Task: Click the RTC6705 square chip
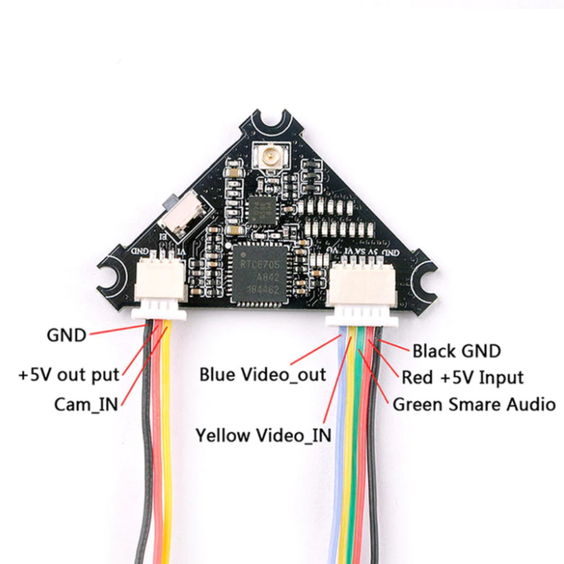coord(260,272)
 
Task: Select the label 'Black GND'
coord(456,351)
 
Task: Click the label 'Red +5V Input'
coord(462,377)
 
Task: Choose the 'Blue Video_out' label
coord(262,374)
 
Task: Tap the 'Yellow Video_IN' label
coord(263,435)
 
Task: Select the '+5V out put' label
coord(69,374)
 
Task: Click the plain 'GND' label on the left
coord(67,336)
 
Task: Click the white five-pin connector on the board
coord(363,286)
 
